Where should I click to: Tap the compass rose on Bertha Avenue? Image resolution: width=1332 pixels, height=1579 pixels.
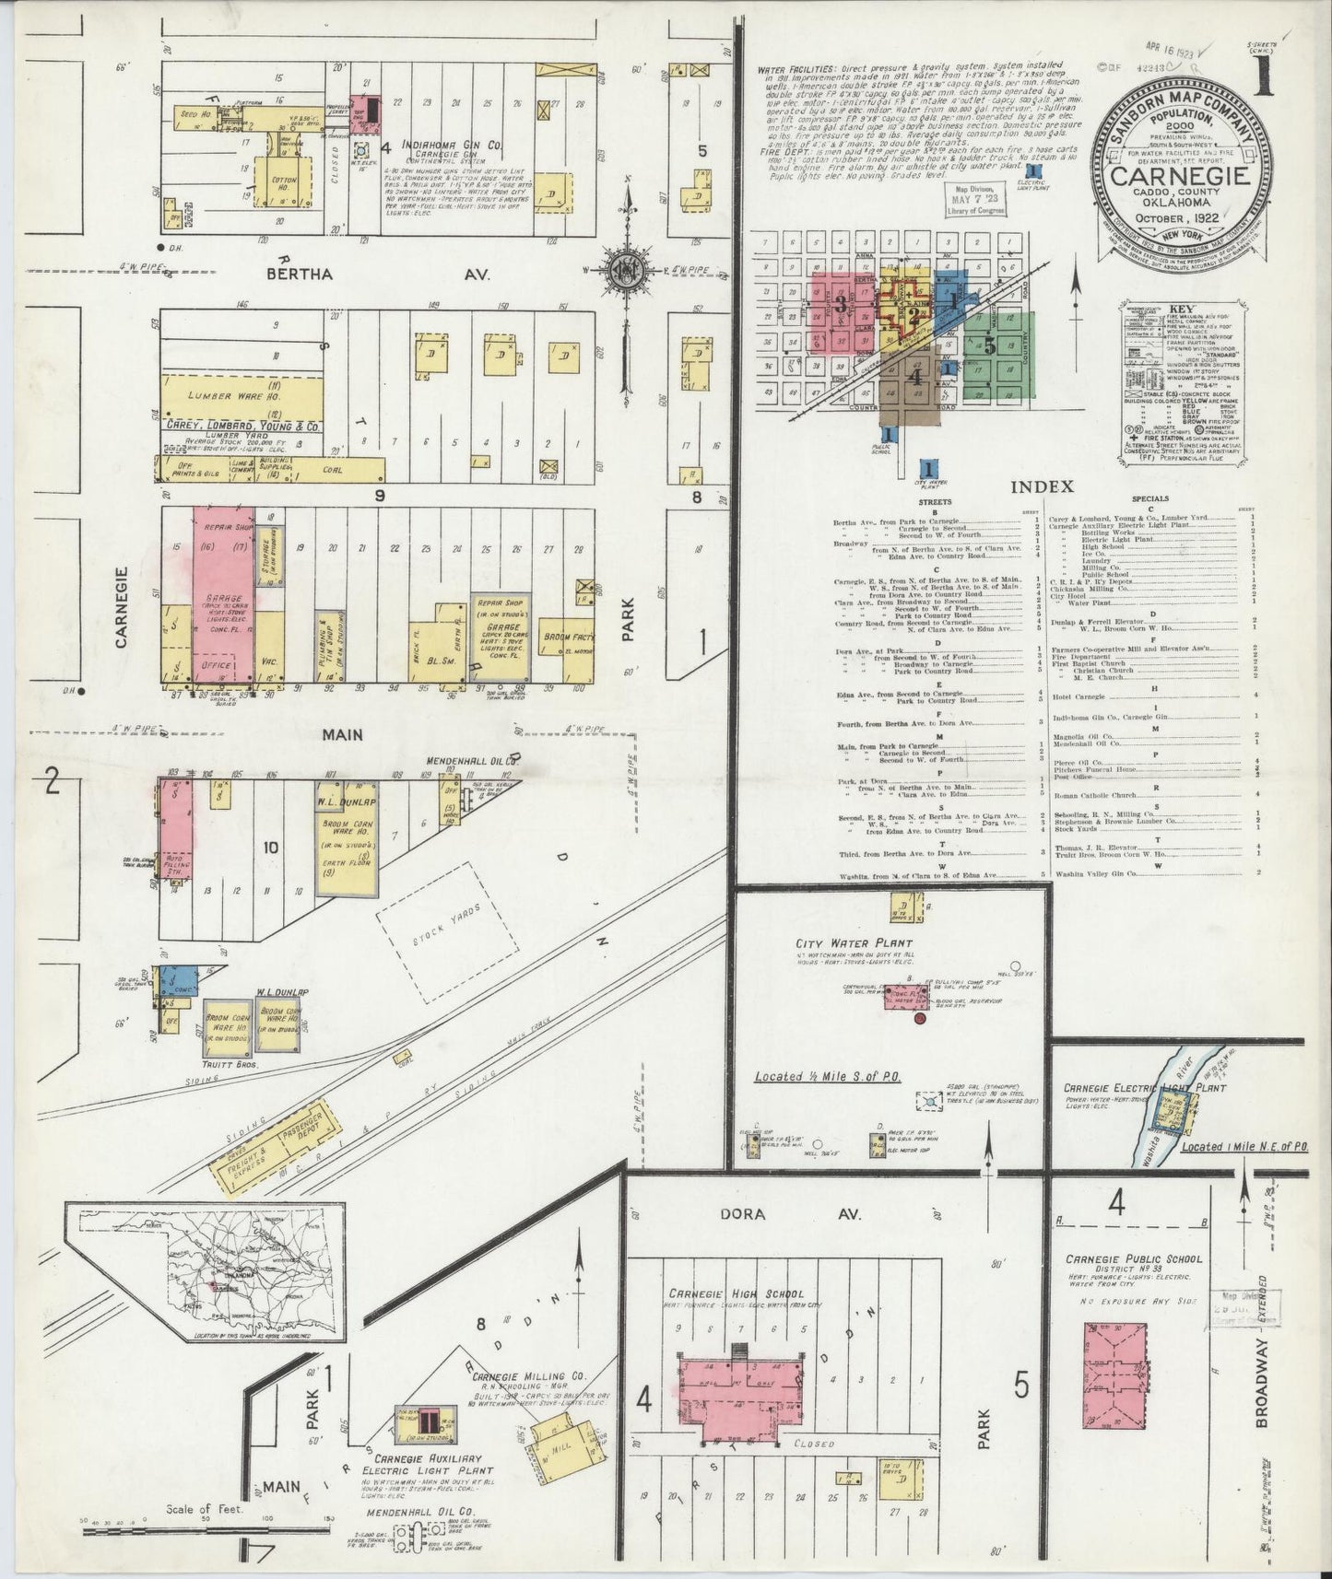[x=629, y=269]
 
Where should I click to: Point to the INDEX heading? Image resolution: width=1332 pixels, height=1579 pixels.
[x=1042, y=486]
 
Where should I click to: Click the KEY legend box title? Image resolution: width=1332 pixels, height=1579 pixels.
[x=1181, y=310]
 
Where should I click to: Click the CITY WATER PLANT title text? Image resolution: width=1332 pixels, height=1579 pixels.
[x=855, y=943]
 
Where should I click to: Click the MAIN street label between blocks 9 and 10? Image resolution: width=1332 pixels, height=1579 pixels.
[x=342, y=734]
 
